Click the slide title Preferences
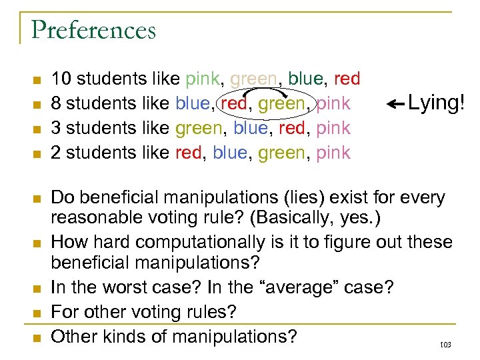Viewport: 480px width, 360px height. (x=93, y=31)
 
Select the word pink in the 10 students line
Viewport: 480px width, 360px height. (x=202, y=79)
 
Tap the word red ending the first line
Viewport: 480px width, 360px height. (x=347, y=79)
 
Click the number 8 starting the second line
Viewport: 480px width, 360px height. (x=57, y=104)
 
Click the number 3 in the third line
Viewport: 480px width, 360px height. (x=57, y=128)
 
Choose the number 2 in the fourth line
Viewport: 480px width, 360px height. (x=57, y=153)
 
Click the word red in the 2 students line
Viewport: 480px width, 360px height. (x=190, y=153)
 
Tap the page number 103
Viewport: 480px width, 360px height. (x=446, y=345)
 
